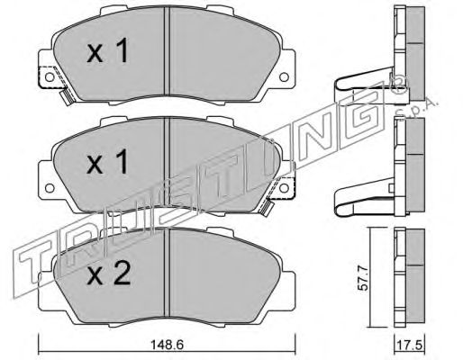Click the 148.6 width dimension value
pyautogui.click(x=167, y=345)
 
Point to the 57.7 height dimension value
pyautogui.click(x=363, y=277)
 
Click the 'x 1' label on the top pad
pyautogui.click(x=108, y=50)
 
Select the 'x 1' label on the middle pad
pyautogui.click(x=108, y=162)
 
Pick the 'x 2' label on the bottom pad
pyautogui.click(x=108, y=273)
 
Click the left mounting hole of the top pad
pyautogui.click(x=50, y=77)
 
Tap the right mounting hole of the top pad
pyautogui.click(x=284, y=77)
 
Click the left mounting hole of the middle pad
pyautogui.click(x=50, y=188)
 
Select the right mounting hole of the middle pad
pyautogui.click(x=284, y=188)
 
